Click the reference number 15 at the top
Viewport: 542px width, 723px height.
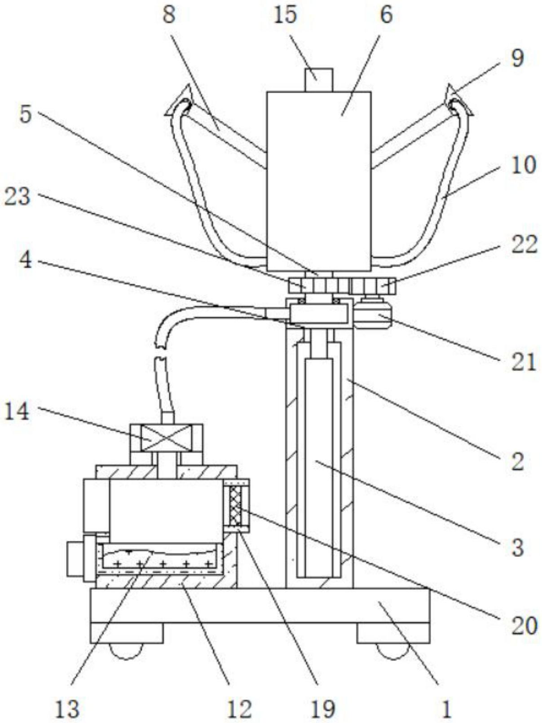click(x=286, y=15)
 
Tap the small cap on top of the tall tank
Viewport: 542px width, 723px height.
click(x=319, y=80)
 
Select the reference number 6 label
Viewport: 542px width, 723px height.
click(x=387, y=15)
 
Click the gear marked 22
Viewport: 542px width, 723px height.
click(x=374, y=286)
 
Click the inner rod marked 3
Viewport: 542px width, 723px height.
click(x=319, y=468)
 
